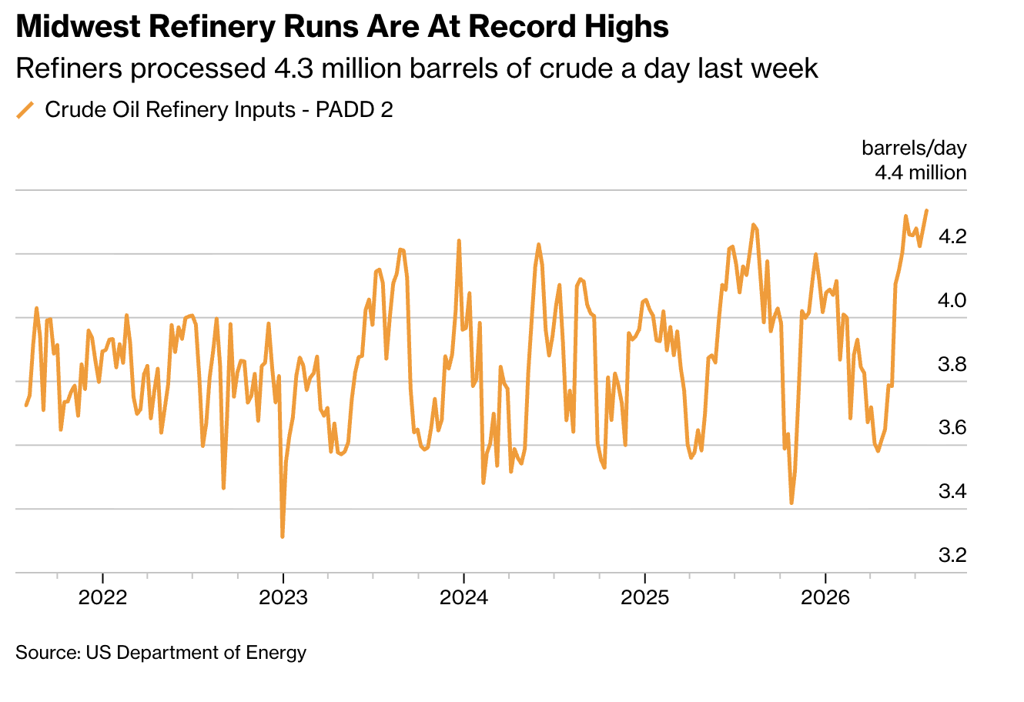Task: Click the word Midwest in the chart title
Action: click(79, 26)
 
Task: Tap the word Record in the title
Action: click(523, 26)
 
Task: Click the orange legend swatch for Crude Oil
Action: click(25, 110)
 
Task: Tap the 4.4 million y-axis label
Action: click(921, 173)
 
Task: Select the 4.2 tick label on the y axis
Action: click(952, 237)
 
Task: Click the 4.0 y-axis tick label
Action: click(952, 300)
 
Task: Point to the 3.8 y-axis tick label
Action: click(952, 364)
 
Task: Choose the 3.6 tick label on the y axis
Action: click(952, 428)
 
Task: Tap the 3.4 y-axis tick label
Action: click(952, 492)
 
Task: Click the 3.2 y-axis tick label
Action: click(952, 555)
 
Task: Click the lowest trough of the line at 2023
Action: click(282, 537)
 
